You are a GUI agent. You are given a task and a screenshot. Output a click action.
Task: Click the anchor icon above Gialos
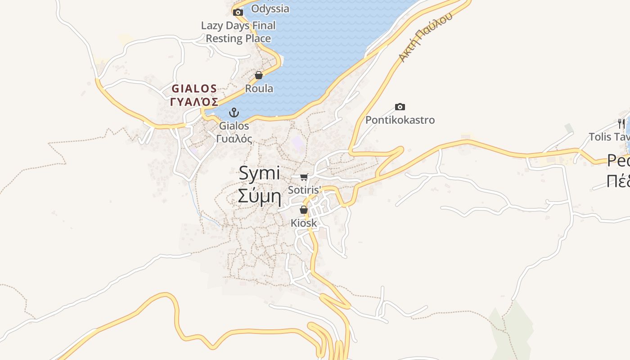[x=234, y=112]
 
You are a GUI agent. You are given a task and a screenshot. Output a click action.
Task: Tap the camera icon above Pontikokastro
[x=400, y=107]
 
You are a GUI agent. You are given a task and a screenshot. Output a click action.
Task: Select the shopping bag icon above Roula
[x=259, y=75]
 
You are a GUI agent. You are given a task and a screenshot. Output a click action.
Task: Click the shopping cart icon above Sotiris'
[x=304, y=177]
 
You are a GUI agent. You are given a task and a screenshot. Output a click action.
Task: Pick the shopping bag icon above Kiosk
[x=304, y=210]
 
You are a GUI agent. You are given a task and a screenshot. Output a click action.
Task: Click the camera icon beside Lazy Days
[x=238, y=12]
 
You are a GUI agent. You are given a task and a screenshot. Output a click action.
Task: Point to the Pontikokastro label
[x=400, y=120]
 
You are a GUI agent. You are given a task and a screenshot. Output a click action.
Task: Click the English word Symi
[x=259, y=173]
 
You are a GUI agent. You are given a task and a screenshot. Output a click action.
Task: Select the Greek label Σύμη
[x=259, y=196]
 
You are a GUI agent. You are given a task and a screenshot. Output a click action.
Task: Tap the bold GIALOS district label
[x=194, y=89]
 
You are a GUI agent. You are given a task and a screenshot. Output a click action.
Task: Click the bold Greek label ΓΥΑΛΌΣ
[x=194, y=101]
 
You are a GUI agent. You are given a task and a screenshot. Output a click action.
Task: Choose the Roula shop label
[x=259, y=89]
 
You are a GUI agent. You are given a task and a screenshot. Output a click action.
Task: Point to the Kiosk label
[x=304, y=223]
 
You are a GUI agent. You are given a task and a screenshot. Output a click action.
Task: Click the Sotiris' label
[x=304, y=190]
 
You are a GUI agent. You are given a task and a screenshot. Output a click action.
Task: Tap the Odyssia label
[x=270, y=9]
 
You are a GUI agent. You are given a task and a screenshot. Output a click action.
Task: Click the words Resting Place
[x=238, y=39]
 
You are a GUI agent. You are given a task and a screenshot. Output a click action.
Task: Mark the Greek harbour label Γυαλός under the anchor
[x=234, y=139]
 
